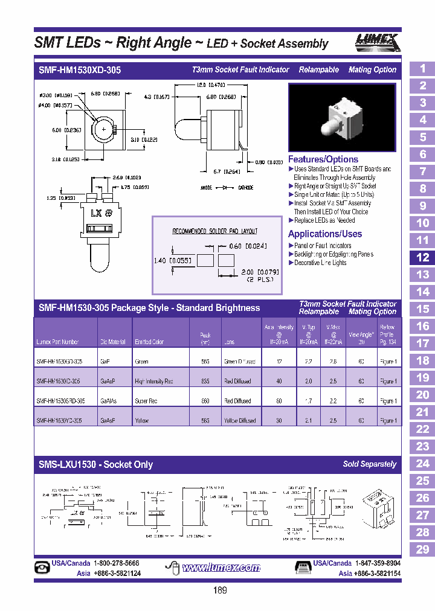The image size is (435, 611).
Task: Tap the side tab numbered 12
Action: [x=422, y=258]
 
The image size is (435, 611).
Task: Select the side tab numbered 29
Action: [x=422, y=549]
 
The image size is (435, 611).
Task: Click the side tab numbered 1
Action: [x=422, y=69]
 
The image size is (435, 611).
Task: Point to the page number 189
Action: [x=220, y=590]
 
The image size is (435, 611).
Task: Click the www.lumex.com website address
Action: [x=221, y=568]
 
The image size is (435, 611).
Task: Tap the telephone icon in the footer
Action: [x=43, y=568]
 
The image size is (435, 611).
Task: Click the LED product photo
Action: [x=343, y=118]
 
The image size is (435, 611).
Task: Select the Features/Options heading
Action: [x=323, y=159]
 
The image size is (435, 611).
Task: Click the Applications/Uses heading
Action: [x=325, y=234]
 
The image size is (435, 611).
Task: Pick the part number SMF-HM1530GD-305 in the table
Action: [x=60, y=362]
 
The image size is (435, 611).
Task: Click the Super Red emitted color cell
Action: [x=147, y=401]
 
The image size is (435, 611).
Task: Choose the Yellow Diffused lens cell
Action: [x=240, y=421]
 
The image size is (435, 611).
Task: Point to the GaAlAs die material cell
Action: [x=109, y=401]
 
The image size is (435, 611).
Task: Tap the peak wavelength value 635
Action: [x=205, y=382]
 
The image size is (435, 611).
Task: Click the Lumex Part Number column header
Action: [x=58, y=342]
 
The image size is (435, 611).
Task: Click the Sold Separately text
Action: [x=370, y=464]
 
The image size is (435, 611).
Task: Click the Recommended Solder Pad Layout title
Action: [x=215, y=231]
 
